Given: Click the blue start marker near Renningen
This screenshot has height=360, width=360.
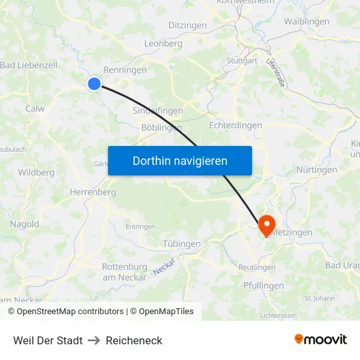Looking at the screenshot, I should pos(94,83).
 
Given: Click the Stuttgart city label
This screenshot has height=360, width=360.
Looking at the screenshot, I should pos(242,61).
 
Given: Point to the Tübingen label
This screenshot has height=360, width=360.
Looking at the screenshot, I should pos(181,243).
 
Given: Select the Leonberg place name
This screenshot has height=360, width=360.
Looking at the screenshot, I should pos(163,43).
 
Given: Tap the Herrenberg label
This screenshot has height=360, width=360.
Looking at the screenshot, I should pos(92,192).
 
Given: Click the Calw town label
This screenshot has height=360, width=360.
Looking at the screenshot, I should pos(35,109).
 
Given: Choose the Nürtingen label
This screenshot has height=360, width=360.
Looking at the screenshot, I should pos(316,170).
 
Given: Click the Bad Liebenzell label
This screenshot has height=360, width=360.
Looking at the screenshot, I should pos(29,65).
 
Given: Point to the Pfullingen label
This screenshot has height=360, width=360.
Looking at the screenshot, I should pos(263,285).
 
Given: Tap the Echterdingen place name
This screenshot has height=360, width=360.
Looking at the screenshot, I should pos(235,125).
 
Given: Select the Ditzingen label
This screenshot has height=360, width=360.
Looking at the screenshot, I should pos(187,26).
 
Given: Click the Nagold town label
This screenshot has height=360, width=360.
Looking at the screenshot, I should pos(24,224).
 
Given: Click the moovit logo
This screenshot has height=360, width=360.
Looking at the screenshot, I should pos(320,339).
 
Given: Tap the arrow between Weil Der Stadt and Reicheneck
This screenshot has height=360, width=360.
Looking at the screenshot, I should pos(93,340).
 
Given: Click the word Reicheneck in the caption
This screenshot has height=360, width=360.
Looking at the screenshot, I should pos(134,340).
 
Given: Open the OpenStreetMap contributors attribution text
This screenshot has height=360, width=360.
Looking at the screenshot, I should pos(70,312).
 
